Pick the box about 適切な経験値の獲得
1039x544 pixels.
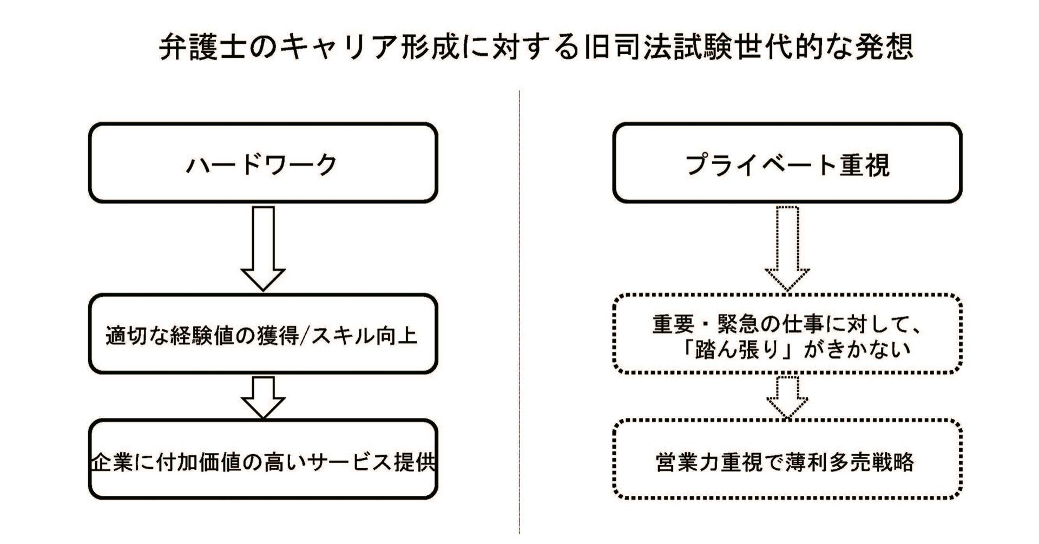click(262, 335)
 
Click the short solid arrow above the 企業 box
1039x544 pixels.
click(263, 397)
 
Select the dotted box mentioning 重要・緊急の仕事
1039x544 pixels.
click(787, 335)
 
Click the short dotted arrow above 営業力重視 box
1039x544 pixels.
click(787, 397)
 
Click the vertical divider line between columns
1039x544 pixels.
click(519, 314)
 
